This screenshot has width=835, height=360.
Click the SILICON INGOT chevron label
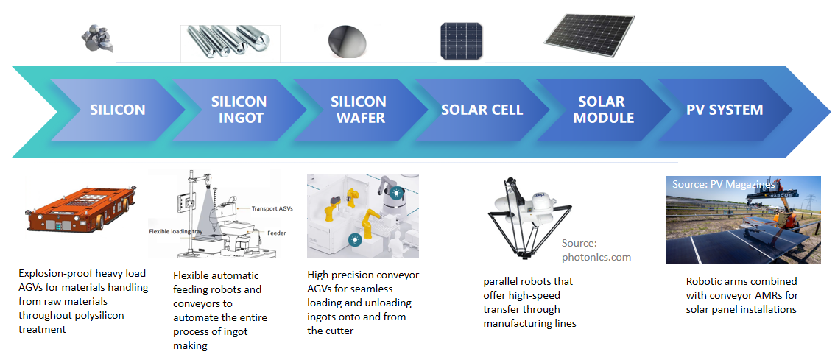click(x=239, y=110)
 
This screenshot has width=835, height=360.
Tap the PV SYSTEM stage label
click(x=725, y=110)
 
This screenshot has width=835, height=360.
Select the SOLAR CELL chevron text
click(x=482, y=110)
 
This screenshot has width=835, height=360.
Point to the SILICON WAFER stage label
click(x=359, y=110)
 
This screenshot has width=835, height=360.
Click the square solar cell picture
click(x=462, y=41)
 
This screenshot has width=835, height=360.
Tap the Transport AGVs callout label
click(x=272, y=209)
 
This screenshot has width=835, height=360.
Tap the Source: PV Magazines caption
click(x=723, y=184)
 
